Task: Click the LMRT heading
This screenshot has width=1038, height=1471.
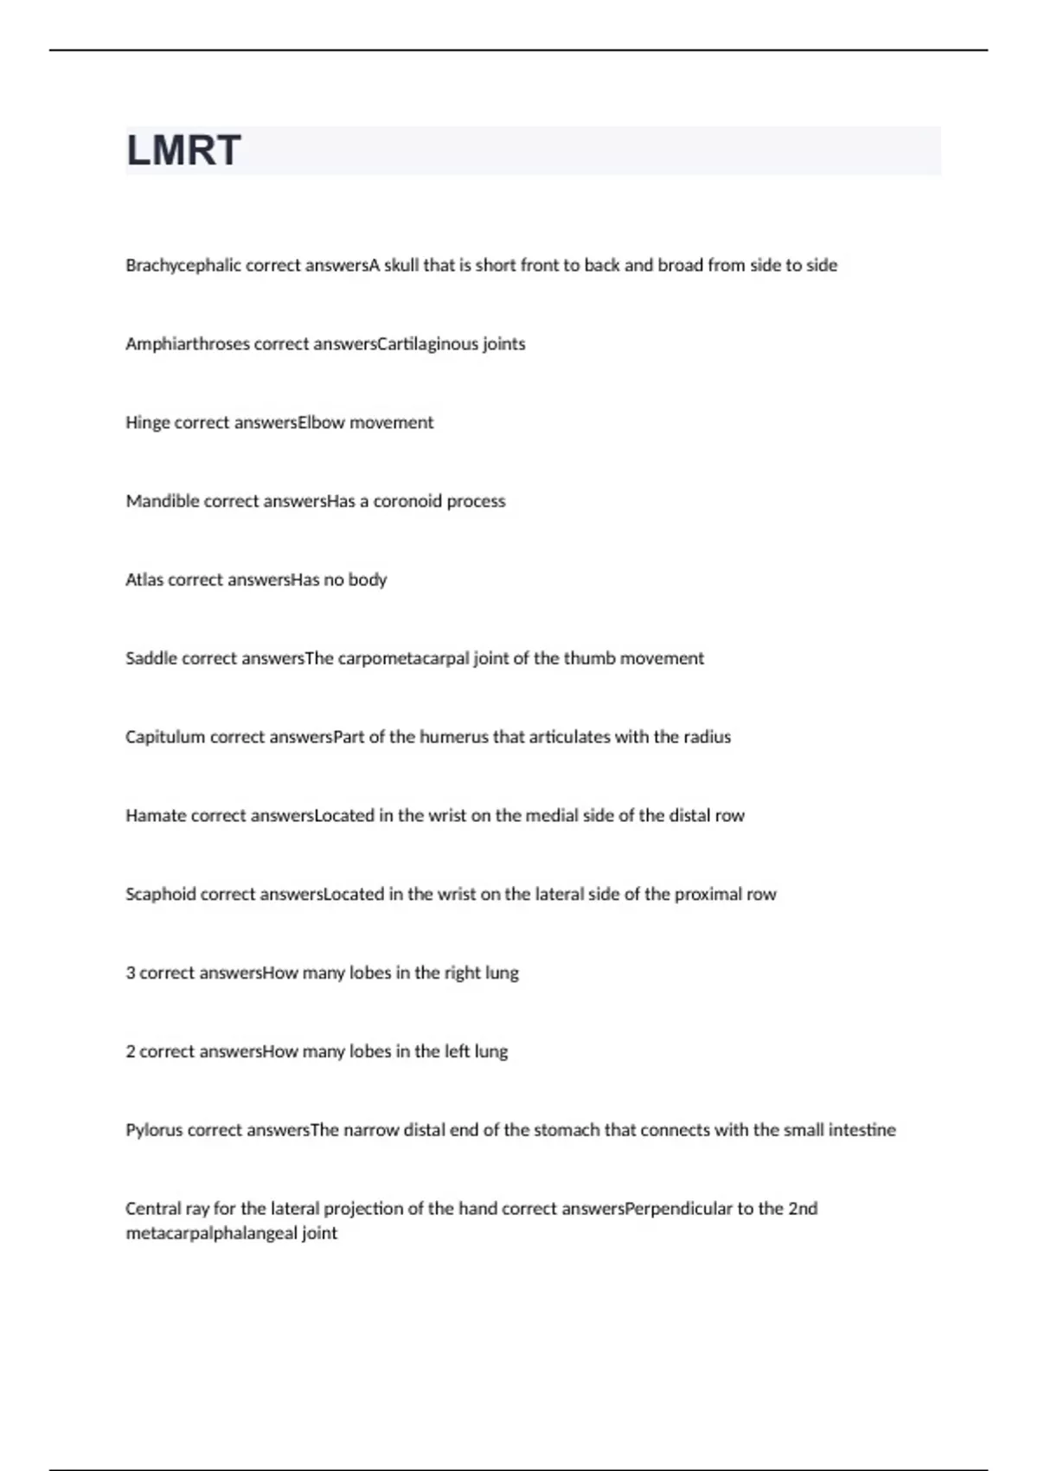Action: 183,151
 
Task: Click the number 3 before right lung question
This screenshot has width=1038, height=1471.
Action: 131,973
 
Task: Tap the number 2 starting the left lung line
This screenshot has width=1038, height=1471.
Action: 131,1052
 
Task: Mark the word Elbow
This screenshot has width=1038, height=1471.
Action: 321,423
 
